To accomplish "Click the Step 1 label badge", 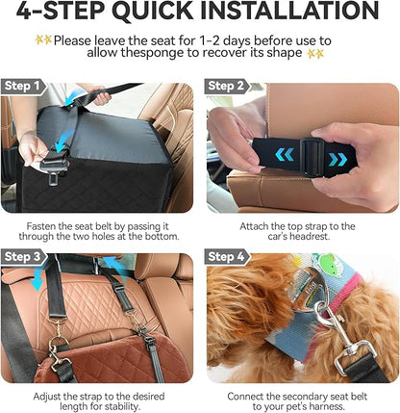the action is (x=23, y=87).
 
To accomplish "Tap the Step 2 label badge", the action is (x=227, y=87).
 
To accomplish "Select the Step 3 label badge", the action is (x=24, y=257).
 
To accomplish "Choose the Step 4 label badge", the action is (x=227, y=257).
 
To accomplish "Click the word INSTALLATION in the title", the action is (x=289, y=11).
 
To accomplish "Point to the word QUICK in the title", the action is (x=153, y=12).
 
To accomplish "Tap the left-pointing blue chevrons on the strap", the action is (x=285, y=155).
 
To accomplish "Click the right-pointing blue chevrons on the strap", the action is (x=337, y=159).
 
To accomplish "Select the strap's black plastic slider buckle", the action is (x=311, y=157).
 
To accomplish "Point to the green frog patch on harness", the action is (x=330, y=264).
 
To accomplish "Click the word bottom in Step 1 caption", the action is (x=161, y=237).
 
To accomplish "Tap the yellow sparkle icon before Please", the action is (x=43, y=40).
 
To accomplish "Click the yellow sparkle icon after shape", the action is (x=315, y=54).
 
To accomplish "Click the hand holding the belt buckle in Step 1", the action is (x=32, y=149).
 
